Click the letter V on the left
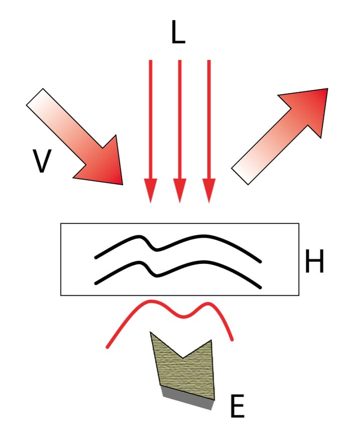tap(42, 161)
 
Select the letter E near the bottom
tap(237, 407)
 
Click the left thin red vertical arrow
tap(150, 120)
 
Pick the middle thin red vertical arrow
tap(179, 120)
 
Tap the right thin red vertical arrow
tap(209, 120)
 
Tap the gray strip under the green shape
tap(188, 399)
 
